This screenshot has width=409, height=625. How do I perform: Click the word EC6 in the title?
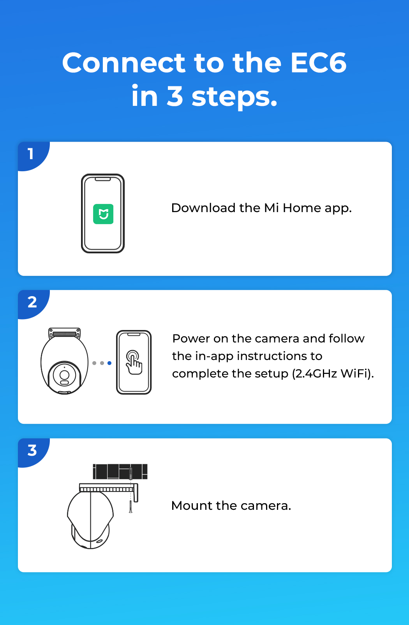(x=318, y=63)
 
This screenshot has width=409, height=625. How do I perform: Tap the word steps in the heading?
(x=234, y=97)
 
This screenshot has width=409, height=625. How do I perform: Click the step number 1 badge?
(x=31, y=154)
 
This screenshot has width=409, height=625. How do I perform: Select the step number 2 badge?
(x=32, y=302)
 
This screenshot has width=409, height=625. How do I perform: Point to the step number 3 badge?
(x=32, y=450)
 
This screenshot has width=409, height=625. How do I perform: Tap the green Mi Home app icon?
(x=103, y=214)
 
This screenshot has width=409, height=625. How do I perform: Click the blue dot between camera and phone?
(x=109, y=363)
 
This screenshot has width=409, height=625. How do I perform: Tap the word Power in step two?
(x=191, y=339)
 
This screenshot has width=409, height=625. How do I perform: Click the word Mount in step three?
(x=192, y=506)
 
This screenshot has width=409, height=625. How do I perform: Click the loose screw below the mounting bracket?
(x=130, y=506)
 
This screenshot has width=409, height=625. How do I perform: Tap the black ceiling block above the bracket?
(x=120, y=472)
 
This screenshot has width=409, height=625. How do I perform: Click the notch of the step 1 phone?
(x=103, y=179)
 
